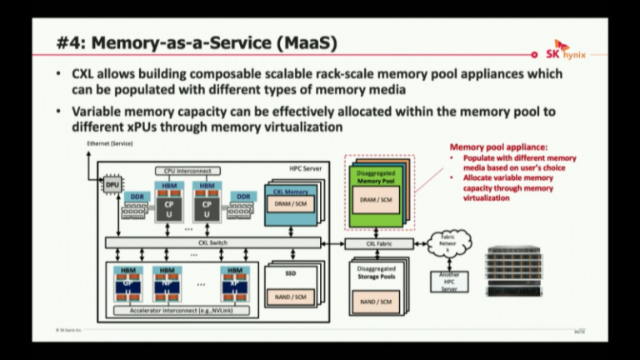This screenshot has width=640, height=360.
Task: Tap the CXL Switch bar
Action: coord(213,242)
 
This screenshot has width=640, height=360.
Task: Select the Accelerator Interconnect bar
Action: coord(182,310)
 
